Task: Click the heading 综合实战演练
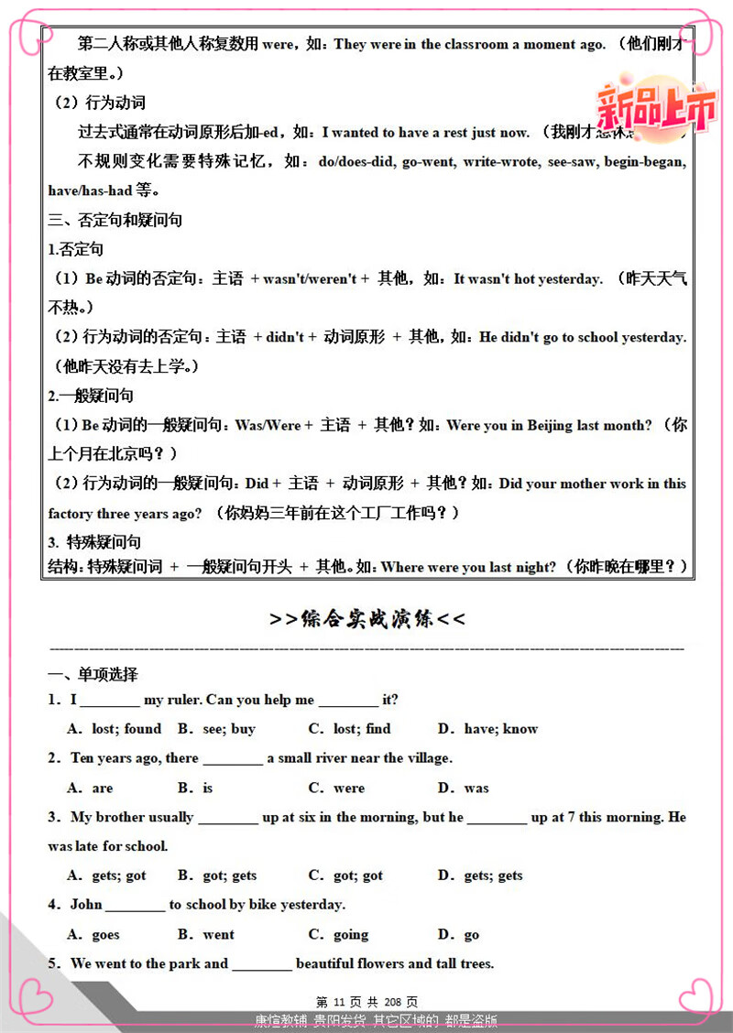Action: tap(367, 619)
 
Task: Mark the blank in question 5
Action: tap(262, 965)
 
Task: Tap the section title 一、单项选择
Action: tap(93, 675)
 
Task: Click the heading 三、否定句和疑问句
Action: tap(115, 220)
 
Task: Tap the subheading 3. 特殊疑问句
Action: tap(94, 542)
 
